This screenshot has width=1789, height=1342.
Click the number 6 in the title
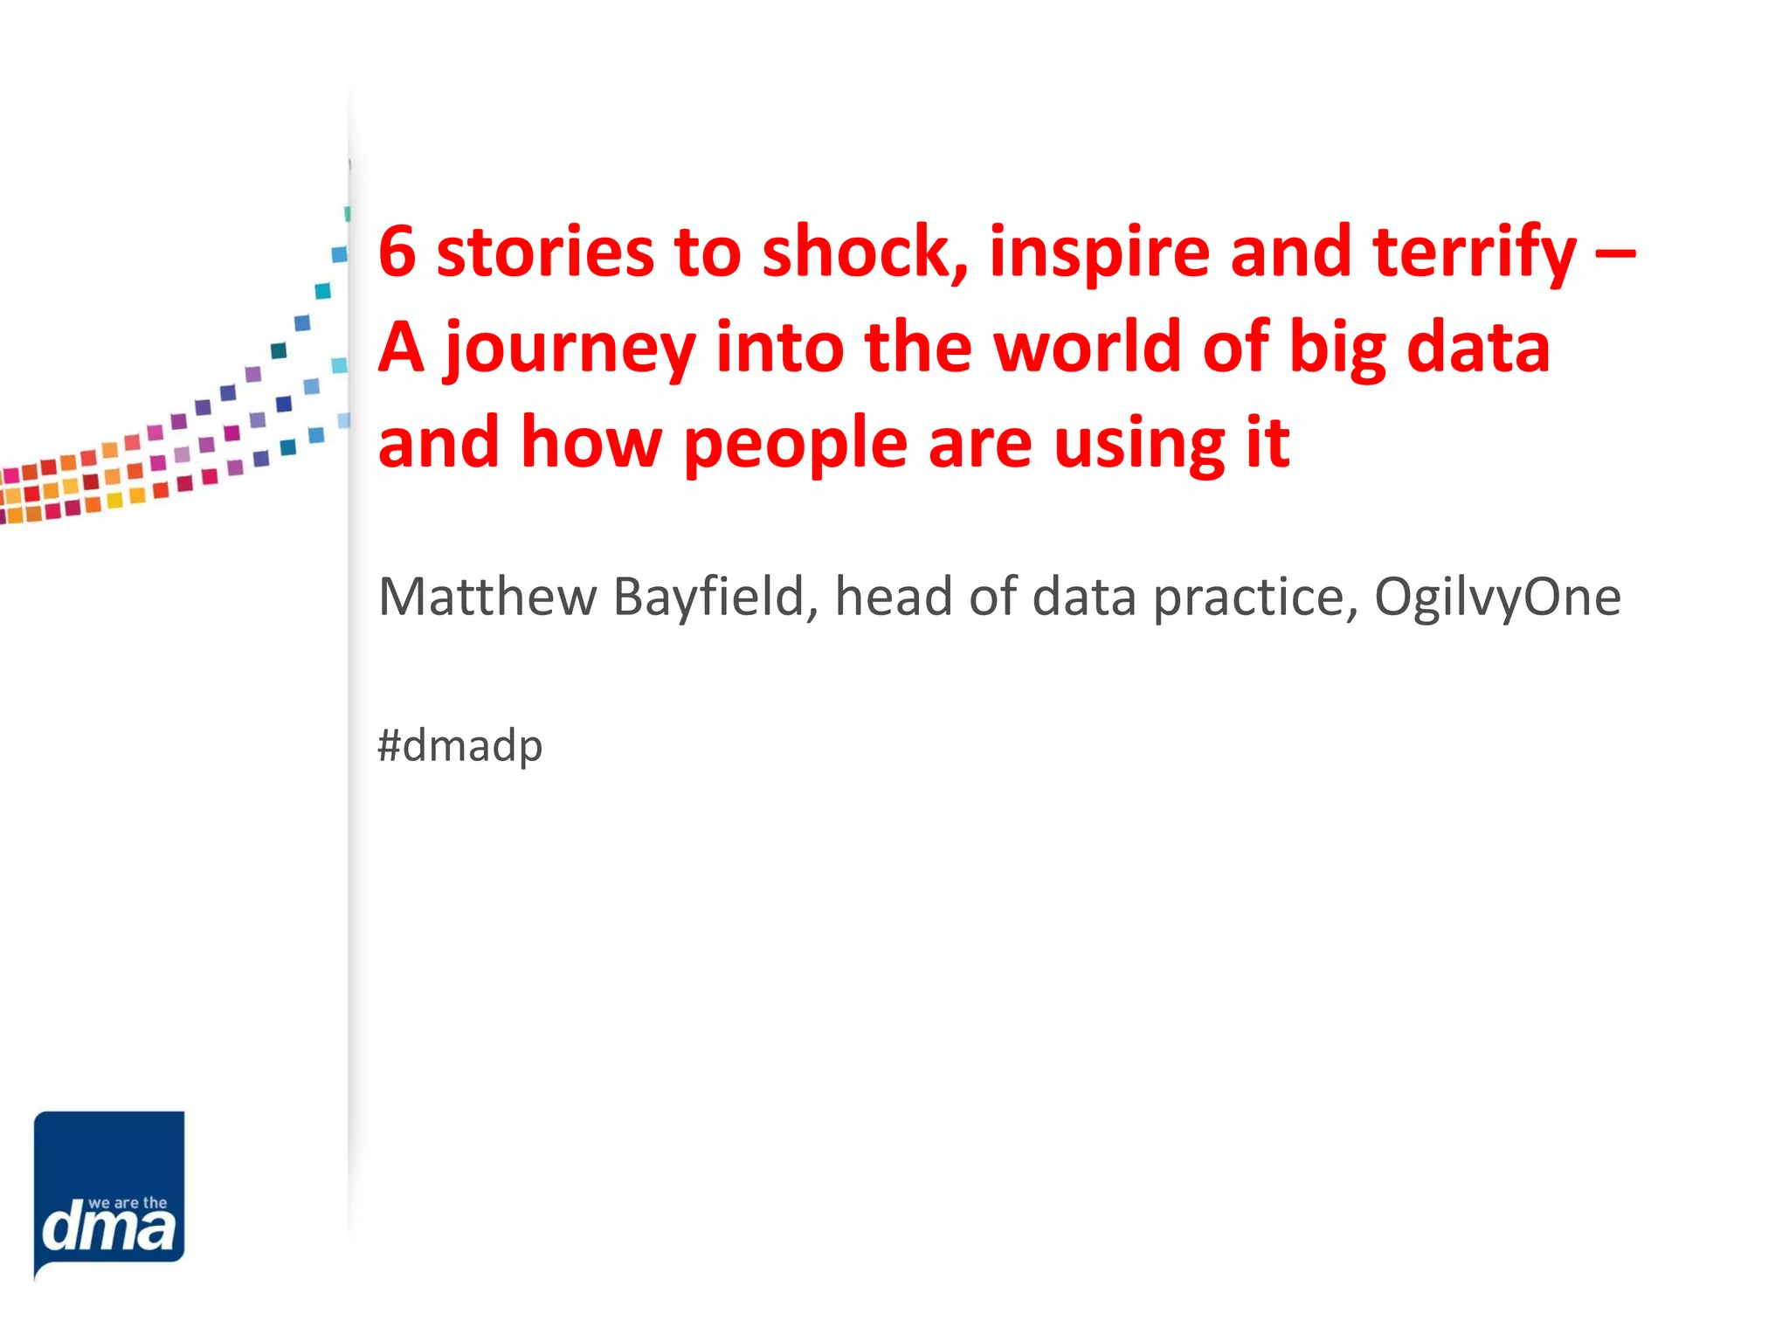pyautogui.click(x=397, y=252)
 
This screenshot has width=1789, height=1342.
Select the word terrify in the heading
pyautogui.click(x=1475, y=253)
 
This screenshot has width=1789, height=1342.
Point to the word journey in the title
pyautogui.click(x=569, y=349)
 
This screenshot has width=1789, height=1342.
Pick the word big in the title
pyautogui.click(x=1337, y=349)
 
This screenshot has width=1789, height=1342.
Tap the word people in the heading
pyautogui.click(x=795, y=445)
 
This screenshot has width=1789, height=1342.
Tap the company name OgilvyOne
pyautogui.click(x=1497, y=598)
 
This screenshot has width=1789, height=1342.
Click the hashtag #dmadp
pyautogui.click(x=459, y=746)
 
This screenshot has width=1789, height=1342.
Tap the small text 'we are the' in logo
pyautogui.click(x=128, y=1203)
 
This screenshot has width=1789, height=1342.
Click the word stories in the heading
pyautogui.click(x=544, y=252)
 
